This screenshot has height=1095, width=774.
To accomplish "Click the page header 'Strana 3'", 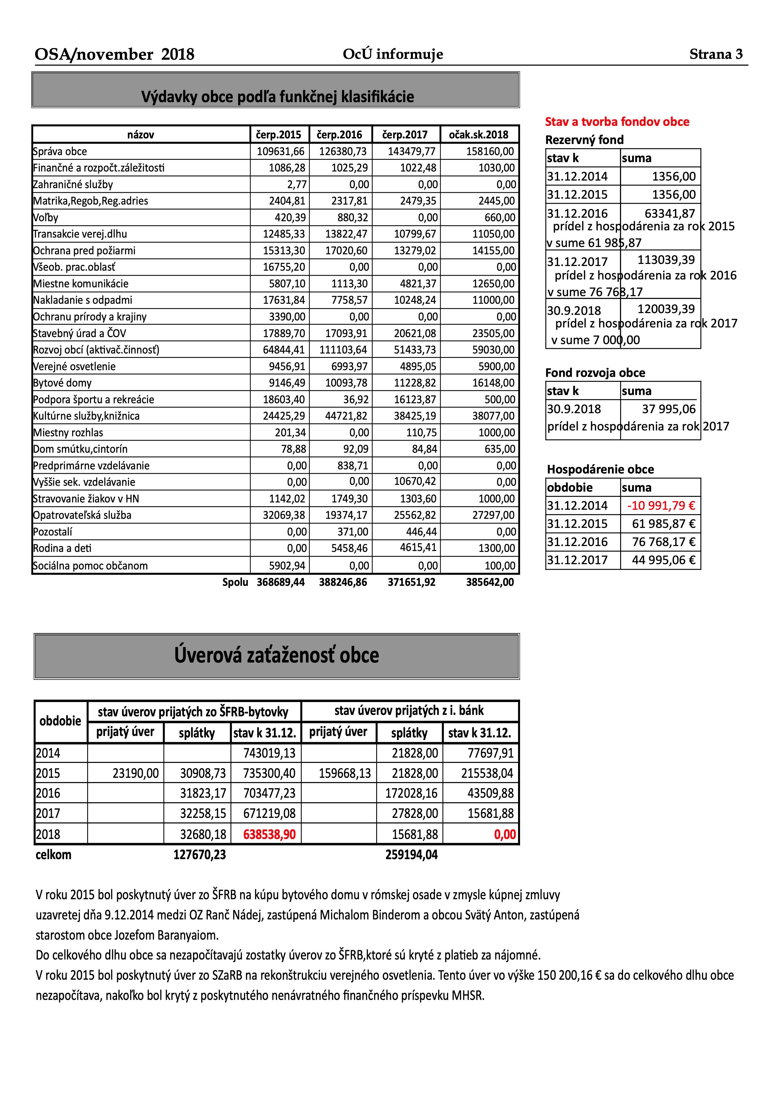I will pyautogui.click(x=715, y=54).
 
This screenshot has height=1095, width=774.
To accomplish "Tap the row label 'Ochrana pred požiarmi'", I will pyautogui.click(x=84, y=251).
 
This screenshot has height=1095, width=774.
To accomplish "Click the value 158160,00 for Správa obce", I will pyautogui.click(x=490, y=152).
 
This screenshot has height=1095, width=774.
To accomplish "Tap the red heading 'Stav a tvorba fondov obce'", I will pyautogui.click(x=617, y=122).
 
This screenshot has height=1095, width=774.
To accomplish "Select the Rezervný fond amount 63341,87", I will pyautogui.click(x=670, y=213).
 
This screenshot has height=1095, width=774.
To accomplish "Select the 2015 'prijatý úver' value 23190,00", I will pyautogui.click(x=135, y=774).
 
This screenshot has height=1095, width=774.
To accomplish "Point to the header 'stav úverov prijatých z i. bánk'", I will pyautogui.click(x=409, y=711).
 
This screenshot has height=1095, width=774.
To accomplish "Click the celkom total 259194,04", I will pyautogui.click(x=411, y=855).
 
